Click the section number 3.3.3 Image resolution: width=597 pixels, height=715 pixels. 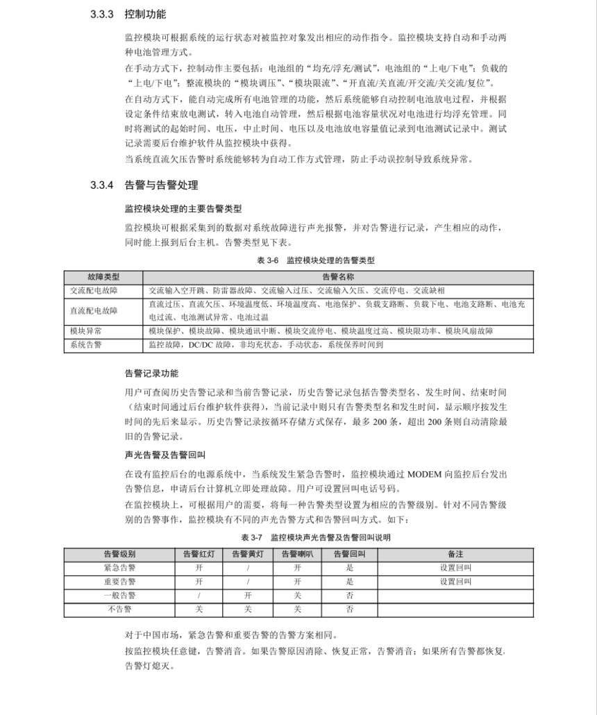click(x=101, y=14)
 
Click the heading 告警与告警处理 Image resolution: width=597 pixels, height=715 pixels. click(x=161, y=185)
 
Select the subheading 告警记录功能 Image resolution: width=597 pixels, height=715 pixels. click(x=151, y=373)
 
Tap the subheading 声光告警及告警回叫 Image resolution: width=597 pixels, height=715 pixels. click(x=160, y=455)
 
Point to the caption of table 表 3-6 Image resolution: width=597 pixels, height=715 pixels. click(x=315, y=260)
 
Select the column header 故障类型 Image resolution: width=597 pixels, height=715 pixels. click(x=103, y=277)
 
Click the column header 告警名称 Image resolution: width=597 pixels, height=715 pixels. click(x=338, y=277)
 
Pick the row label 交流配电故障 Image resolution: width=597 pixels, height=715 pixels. click(x=94, y=290)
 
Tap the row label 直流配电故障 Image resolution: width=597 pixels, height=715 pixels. click(x=94, y=310)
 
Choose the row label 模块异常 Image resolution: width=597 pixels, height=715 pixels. click(x=86, y=331)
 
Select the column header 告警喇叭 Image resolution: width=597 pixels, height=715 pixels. click(x=297, y=555)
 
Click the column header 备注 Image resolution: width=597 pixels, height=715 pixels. click(x=455, y=555)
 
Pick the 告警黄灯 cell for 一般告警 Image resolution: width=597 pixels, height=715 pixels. click(x=248, y=596)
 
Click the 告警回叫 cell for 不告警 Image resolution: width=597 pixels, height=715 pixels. click(x=350, y=609)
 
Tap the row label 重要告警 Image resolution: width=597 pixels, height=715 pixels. click(x=119, y=582)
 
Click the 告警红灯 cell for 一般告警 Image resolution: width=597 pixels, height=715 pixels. click(x=199, y=596)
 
